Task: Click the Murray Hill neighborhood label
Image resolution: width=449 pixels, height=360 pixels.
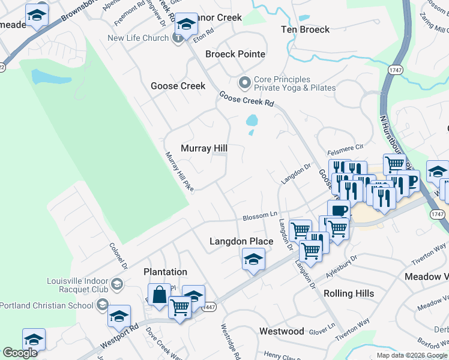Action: [204, 148]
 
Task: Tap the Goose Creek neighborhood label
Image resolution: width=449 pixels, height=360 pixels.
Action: [178, 86]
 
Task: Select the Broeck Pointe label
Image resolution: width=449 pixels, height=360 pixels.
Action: [235, 54]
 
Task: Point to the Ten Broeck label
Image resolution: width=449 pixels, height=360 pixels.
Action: [306, 29]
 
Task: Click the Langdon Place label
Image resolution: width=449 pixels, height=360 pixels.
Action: [241, 241]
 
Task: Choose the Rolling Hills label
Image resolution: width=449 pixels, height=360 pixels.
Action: [349, 293]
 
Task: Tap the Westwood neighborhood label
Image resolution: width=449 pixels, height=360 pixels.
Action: [282, 331]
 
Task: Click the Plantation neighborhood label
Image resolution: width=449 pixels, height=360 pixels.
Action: [165, 272]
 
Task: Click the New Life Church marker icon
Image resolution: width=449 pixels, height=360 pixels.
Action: [178, 38]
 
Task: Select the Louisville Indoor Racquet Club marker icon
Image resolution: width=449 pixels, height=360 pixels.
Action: [118, 284]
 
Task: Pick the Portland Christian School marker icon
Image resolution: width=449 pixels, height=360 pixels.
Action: [103, 305]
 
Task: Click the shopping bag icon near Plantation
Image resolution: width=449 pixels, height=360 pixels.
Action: [160, 295]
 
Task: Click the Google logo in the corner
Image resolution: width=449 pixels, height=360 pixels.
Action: [20, 353]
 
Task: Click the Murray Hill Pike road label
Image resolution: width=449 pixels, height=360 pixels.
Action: [179, 172]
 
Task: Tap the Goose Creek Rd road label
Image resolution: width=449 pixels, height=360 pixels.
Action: [246, 100]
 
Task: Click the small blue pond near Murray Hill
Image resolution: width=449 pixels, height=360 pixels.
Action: [252, 121]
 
